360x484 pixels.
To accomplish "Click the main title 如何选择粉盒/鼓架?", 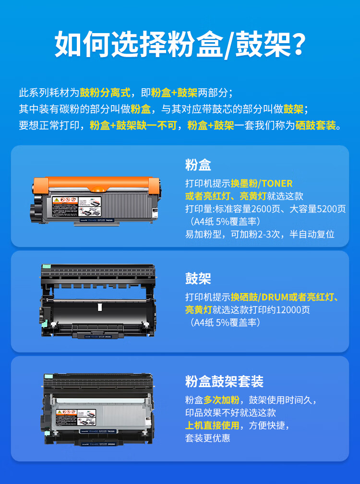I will pyautogui.click(x=180, y=44).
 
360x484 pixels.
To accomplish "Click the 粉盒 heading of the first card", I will pyautogui.click(x=198, y=165).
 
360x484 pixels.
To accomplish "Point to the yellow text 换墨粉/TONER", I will pyautogui.click(x=262, y=184).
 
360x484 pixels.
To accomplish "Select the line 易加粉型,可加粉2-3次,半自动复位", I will pyautogui.click(x=260, y=235).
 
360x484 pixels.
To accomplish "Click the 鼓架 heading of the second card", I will pyautogui.click(x=198, y=278).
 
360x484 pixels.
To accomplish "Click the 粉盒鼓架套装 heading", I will pyautogui.click(x=224, y=382).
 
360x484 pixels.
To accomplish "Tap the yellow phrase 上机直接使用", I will pyautogui.click(x=212, y=425).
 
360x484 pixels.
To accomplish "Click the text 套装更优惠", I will pyautogui.click(x=207, y=438).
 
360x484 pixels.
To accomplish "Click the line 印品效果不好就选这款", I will pyautogui.click(x=230, y=413).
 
